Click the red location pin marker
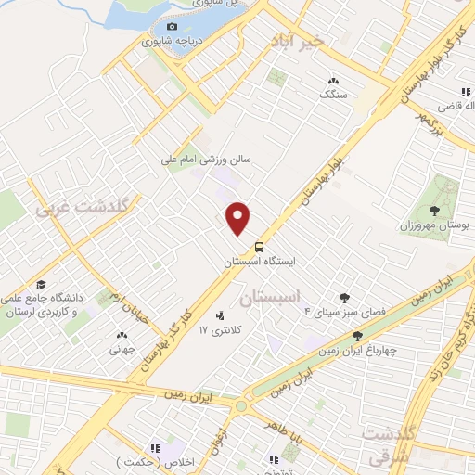tap(239, 218)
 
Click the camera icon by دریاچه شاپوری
tap(171, 26)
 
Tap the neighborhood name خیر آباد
tap(297, 41)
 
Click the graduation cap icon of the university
tap(40, 285)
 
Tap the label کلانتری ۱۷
tap(220, 330)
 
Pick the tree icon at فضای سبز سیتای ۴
tap(345, 298)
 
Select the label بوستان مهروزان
tap(437, 225)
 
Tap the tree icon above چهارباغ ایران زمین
tap(357, 336)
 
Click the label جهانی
tap(122, 350)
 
